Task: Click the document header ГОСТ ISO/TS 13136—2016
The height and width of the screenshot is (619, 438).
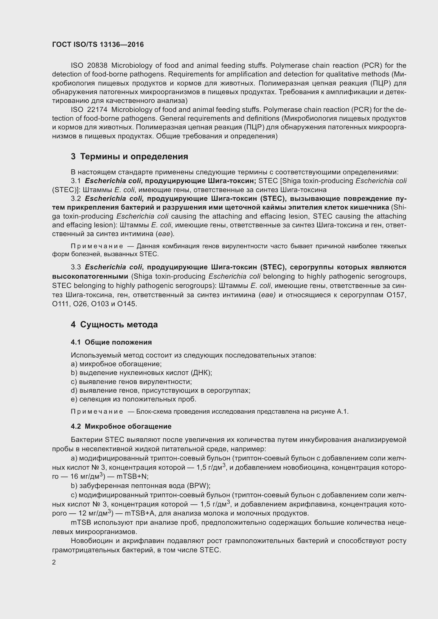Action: [x=98, y=44]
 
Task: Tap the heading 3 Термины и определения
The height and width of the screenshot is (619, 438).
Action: [x=129, y=157]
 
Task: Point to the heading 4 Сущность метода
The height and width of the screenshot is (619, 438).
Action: [x=114, y=325]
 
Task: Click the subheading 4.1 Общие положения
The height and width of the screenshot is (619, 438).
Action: [x=111, y=342]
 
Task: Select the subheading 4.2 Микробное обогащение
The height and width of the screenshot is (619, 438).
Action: [x=121, y=427]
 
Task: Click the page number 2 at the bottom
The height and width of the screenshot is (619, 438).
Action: [x=54, y=562]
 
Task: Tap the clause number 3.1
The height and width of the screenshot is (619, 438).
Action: [x=76, y=181]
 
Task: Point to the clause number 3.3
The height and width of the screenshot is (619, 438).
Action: [x=76, y=267]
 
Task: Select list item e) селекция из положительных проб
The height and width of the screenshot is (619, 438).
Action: [x=133, y=399]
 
